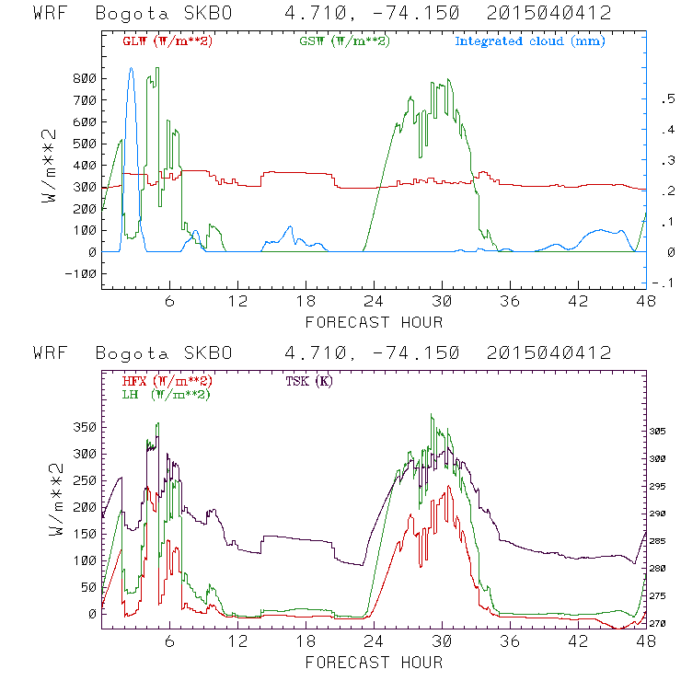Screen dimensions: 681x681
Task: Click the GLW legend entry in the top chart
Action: (x=167, y=40)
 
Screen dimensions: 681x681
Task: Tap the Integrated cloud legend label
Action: (x=530, y=40)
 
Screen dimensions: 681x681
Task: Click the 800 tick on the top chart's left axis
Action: (x=84, y=78)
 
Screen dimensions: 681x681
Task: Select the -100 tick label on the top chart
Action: (x=80, y=273)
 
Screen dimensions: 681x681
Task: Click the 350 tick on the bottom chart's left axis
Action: (x=84, y=427)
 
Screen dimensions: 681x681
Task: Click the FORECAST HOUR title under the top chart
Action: (x=374, y=322)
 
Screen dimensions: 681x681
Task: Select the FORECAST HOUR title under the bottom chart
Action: (x=374, y=662)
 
